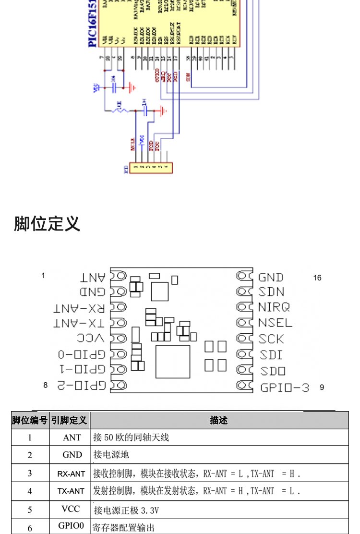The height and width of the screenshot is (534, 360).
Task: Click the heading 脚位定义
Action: click(47, 224)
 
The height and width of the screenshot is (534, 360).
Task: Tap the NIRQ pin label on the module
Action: click(274, 307)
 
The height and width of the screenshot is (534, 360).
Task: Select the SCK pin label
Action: click(271, 339)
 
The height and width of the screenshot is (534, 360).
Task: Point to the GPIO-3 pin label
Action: click(285, 387)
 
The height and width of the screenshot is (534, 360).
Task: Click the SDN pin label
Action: click(271, 292)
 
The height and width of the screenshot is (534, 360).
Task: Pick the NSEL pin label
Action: click(275, 323)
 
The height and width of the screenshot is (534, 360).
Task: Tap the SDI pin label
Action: click(271, 355)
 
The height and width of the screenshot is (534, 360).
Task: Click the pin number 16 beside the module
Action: click(317, 278)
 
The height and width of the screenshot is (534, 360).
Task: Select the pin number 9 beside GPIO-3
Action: click(322, 387)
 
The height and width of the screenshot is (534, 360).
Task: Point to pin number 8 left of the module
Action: click(46, 385)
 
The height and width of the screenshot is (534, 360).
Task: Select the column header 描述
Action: click(219, 420)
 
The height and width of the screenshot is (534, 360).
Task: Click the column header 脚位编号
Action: click(30, 421)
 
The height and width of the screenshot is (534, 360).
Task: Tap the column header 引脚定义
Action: click(70, 421)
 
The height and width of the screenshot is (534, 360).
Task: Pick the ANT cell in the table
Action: click(72, 437)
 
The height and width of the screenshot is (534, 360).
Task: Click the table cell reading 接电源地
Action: click(111, 455)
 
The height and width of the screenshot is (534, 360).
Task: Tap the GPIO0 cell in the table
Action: click(71, 525)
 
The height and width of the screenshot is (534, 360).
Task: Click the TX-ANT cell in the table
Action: click(71, 491)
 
